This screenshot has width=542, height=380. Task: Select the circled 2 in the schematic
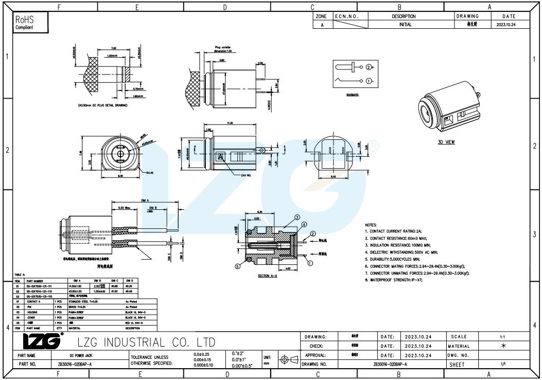(369, 67)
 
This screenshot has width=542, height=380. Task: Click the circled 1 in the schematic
(369, 81)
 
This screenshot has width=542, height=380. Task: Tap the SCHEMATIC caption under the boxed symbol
(352, 96)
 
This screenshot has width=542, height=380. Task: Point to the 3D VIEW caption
(446, 142)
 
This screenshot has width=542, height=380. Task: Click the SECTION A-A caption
(268, 277)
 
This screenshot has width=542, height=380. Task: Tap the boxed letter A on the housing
(220, 156)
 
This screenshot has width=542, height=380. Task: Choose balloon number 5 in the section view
(237, 266)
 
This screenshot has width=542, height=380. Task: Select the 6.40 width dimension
(333, 177)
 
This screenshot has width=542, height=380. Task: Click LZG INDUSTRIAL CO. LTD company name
(146, 342)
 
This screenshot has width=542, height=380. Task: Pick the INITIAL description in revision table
(405, 24)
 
